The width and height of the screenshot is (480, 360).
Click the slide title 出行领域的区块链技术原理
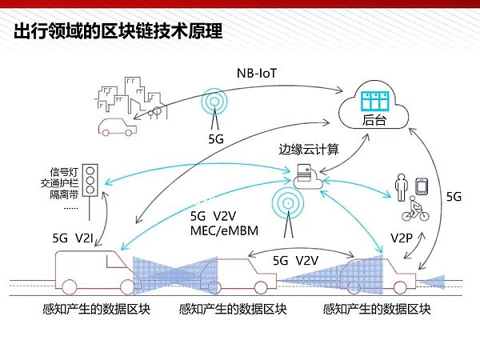118,32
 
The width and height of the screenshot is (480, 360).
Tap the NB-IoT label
261,74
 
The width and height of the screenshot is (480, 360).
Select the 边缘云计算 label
308,150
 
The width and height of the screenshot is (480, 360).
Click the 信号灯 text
62,170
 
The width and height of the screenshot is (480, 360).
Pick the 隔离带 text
62,194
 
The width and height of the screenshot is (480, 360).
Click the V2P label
402,238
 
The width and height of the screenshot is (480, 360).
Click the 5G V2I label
73,238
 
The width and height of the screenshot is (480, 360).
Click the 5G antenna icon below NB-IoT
214,106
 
